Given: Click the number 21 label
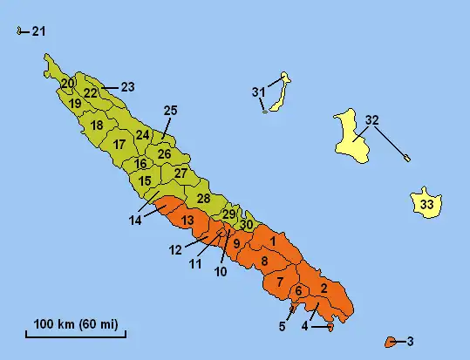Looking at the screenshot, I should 38,32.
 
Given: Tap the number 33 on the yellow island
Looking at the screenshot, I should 427,205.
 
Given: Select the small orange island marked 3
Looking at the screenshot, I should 391,340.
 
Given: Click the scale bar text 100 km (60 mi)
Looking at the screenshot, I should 77,325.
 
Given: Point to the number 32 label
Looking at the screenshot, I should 372,119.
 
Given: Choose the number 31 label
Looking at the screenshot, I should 258,92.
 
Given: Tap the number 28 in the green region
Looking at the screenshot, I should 204,199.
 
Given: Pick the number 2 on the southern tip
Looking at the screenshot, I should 324,288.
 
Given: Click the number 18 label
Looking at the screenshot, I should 96,126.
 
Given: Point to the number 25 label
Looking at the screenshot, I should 170,110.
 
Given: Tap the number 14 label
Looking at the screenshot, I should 135,221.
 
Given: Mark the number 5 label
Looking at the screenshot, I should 282,327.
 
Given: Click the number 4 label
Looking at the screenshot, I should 305,326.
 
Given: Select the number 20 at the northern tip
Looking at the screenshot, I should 67,84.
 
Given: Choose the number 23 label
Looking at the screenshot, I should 127,86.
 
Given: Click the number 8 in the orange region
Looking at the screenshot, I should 264,262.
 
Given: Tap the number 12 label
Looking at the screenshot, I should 175,250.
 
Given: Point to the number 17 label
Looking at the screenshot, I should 119,144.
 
